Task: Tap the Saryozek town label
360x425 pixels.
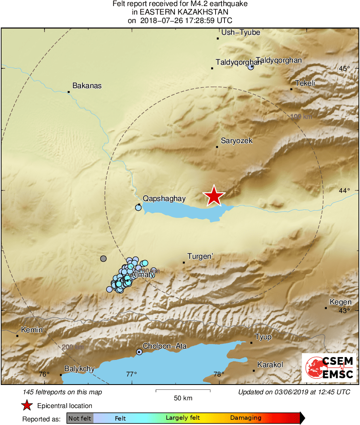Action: click(x=237, y=141)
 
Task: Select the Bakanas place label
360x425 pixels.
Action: click(x=87, y=86)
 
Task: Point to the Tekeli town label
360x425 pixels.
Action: click(x=305, y=83)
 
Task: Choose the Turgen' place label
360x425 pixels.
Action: click(x=200, y=256)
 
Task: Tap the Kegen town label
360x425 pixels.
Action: click(x=341, y=302)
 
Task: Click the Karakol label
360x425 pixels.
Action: click(x=270, y=364)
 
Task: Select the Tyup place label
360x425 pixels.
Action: click(x=263, y=337)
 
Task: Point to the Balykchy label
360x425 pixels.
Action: click(x=80, y=369)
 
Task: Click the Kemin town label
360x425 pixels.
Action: click(x=32, y=330)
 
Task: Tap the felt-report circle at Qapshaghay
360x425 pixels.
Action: click(x=138, y=207)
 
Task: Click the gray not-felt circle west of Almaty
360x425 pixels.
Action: click(x=104, y=258)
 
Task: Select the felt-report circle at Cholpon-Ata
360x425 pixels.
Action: click(x=139, y=352)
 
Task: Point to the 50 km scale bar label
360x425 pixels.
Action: click(x=183, y=398)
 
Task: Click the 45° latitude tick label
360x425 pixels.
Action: click(x=345, y=68)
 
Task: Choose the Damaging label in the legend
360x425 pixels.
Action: click(x=246, y=418)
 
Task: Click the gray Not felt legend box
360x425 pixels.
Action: click(x=80, y=418)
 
